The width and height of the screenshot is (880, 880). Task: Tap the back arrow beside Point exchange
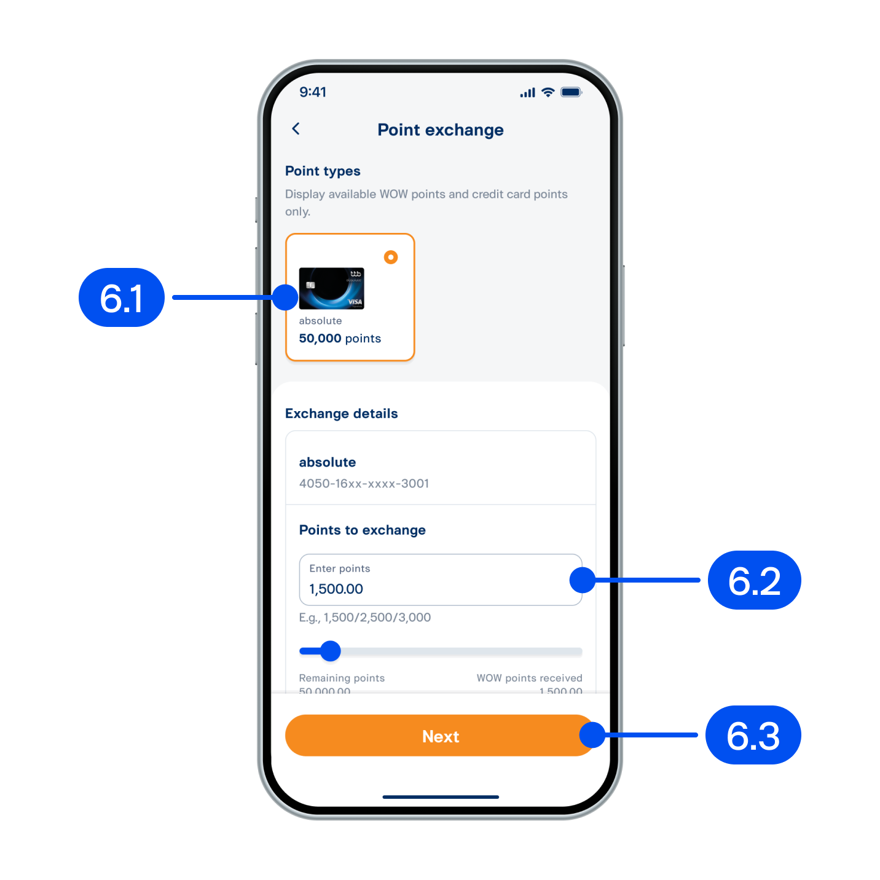296,129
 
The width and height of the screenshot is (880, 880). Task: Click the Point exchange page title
440,130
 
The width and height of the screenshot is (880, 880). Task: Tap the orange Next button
440,736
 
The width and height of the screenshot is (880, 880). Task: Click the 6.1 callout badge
122,298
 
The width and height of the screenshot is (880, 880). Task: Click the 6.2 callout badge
754,581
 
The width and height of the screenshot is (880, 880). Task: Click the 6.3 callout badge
753,736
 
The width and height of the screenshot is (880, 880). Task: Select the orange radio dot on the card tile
391,257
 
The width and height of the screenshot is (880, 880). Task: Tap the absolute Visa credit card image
331,288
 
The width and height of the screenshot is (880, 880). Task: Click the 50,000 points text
340,339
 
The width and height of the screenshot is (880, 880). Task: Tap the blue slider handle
331,651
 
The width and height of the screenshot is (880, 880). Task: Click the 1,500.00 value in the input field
336,589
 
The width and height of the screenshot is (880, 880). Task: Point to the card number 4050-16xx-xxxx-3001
364,484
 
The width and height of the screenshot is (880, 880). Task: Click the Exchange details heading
341,414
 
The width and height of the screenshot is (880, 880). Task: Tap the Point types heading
323,171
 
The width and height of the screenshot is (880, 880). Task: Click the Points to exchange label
362,530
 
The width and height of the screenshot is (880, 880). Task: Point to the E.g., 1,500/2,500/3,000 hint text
365,618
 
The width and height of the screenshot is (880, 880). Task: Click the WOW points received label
529,678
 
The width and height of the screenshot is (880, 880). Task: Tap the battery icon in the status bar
571,93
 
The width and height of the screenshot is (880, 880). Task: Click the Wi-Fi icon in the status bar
548,93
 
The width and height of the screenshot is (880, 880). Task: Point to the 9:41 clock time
313,92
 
